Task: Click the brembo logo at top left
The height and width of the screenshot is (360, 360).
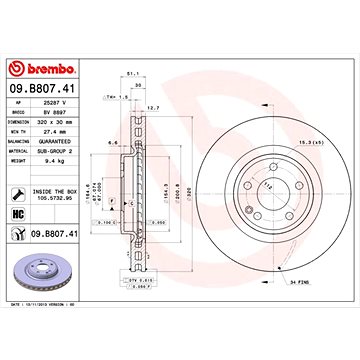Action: pos(43,68)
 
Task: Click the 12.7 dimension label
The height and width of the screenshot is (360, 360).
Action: pos(153,106)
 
